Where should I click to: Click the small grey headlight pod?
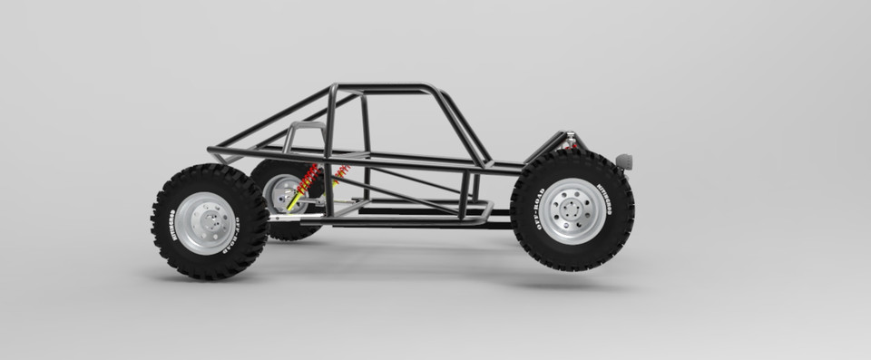(x=623, y=161)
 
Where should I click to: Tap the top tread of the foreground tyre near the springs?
(x=209, y=170)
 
